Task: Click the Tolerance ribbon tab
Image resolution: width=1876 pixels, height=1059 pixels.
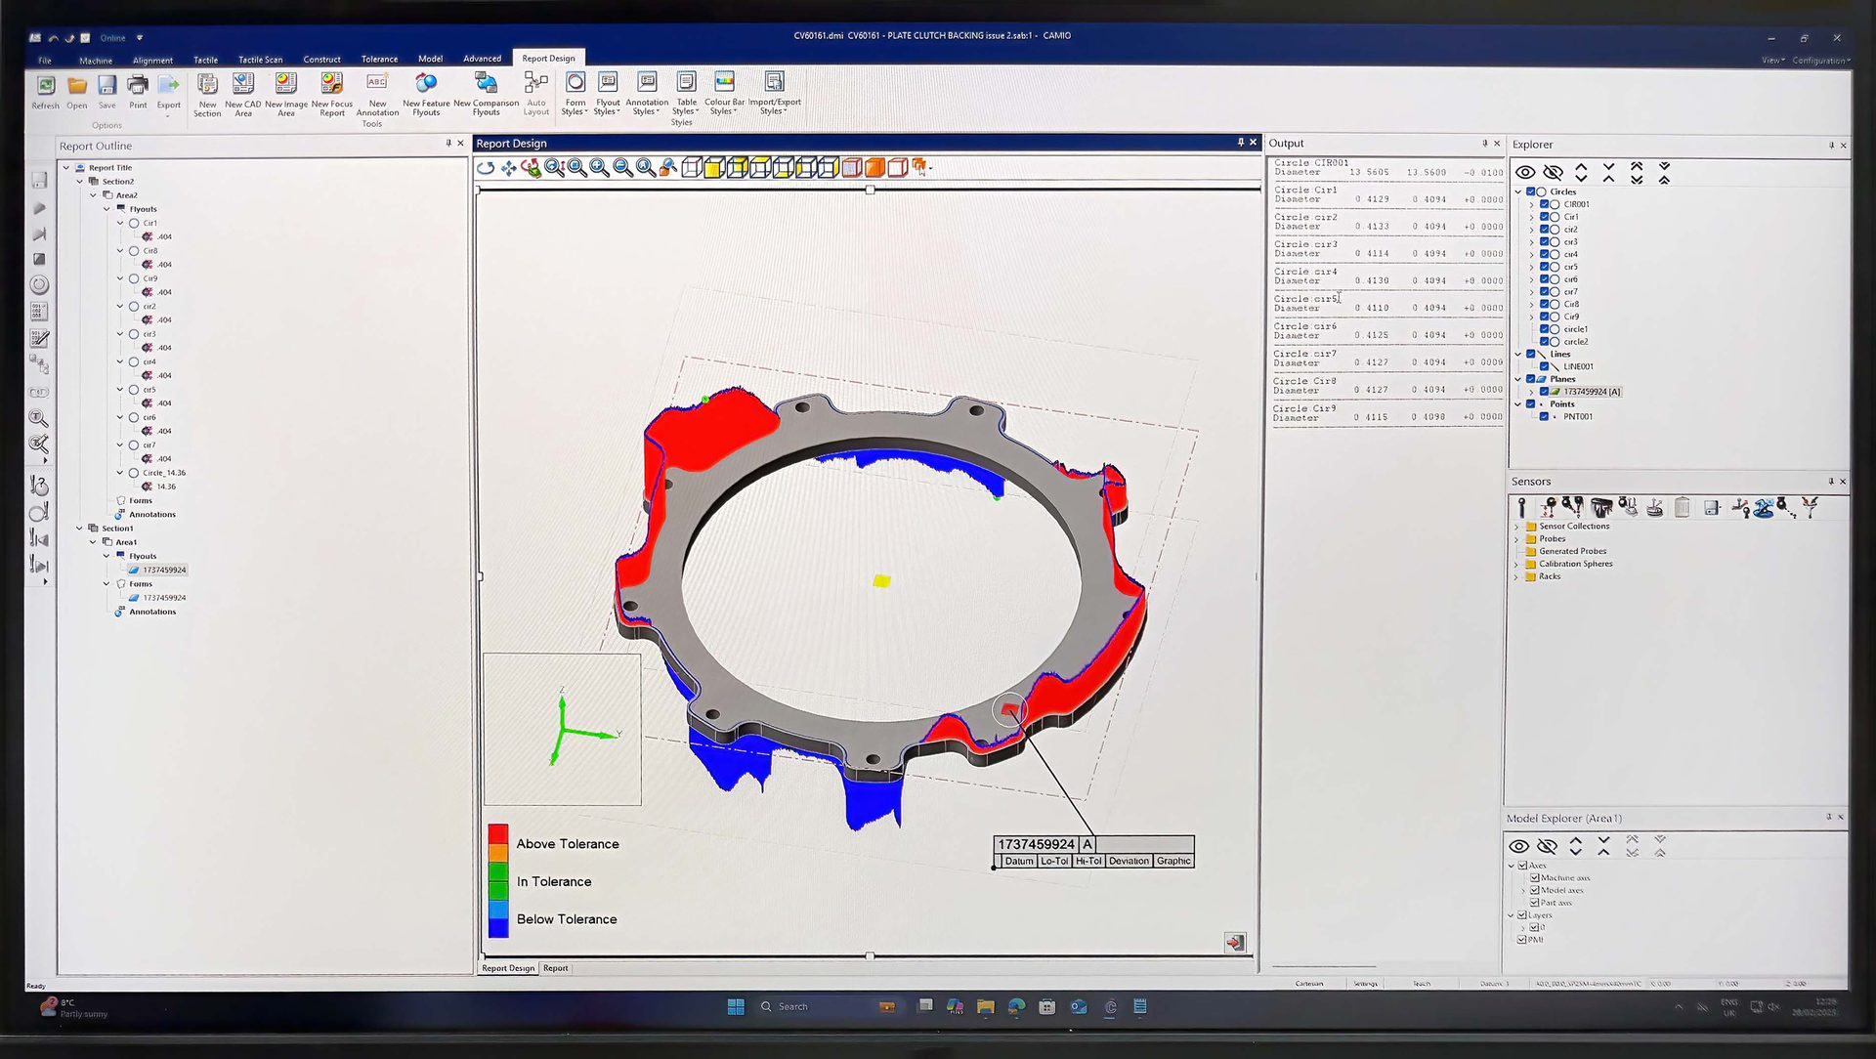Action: [379, 60]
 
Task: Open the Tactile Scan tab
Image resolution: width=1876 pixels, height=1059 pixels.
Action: [260, 60]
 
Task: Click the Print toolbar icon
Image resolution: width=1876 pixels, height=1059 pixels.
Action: [138, 90]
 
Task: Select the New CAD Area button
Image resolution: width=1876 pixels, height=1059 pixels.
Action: [243, 94]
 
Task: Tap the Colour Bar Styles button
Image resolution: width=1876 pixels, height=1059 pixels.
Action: [724, 93]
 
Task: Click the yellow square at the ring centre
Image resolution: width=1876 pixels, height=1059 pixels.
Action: [881, 581]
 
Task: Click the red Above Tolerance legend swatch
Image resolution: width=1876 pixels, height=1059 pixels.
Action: [498, 835]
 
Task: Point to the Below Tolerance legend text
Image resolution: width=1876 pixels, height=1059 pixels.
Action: [567, 919]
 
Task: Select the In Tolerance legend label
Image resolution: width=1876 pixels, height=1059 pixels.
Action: [554, 881]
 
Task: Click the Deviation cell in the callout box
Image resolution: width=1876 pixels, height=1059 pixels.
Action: [1129, 861]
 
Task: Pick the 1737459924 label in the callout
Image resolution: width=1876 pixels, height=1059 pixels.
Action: [1036, 844]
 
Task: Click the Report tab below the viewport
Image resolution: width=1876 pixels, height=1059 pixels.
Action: [555, 968]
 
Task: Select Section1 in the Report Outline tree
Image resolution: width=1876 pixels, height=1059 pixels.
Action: [117, 529]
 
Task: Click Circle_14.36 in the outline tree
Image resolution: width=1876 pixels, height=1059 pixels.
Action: [164, 473]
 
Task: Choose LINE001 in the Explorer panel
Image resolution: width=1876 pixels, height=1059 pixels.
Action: [1578, 366]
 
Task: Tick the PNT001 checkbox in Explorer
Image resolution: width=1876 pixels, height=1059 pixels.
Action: [1545, 416]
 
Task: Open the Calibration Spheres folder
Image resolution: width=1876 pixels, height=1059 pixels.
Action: [1575, 564]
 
